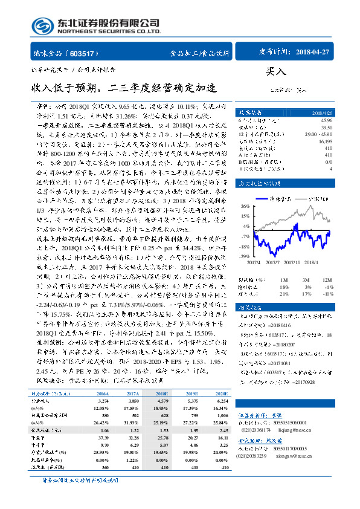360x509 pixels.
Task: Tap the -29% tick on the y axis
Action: pos(246,256)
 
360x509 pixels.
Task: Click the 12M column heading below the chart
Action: pos(327,280)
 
